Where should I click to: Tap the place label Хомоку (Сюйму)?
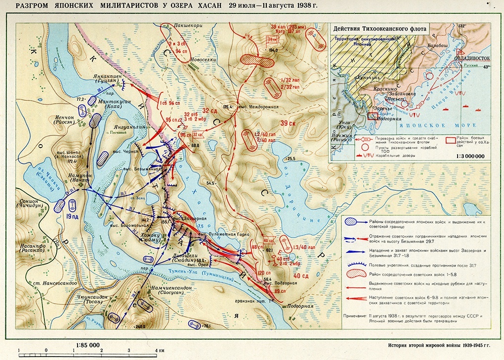[151, 239]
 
